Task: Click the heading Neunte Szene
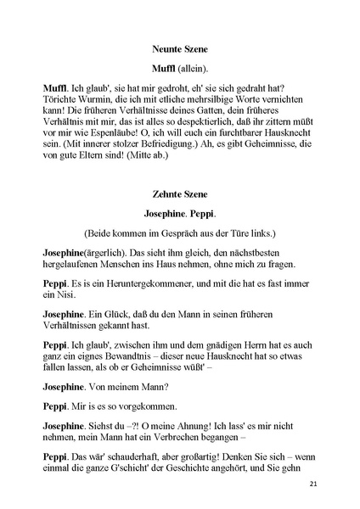pyautogui.click(x=180, y=49)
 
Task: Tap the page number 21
pyautogui.click(x=314, y=484)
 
